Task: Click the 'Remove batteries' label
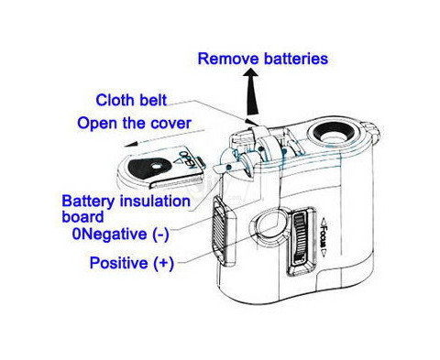pos(263,59)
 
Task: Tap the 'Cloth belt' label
pos(131,100)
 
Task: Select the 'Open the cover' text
pos(134,123)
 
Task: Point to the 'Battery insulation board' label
pos(126,209)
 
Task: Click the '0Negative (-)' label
pos(120,235)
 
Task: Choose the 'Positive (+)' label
pos(132,263)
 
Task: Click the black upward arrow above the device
pos(252,92)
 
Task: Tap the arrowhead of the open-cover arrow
pos(129,144)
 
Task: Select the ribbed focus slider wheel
pos(300,239)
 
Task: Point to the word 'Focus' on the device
pos(324,236)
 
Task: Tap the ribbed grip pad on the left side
pos(219,229)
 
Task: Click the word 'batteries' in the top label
pos(296,59)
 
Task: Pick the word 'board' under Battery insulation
pos(82,217)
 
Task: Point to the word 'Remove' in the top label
pos(228,59)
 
